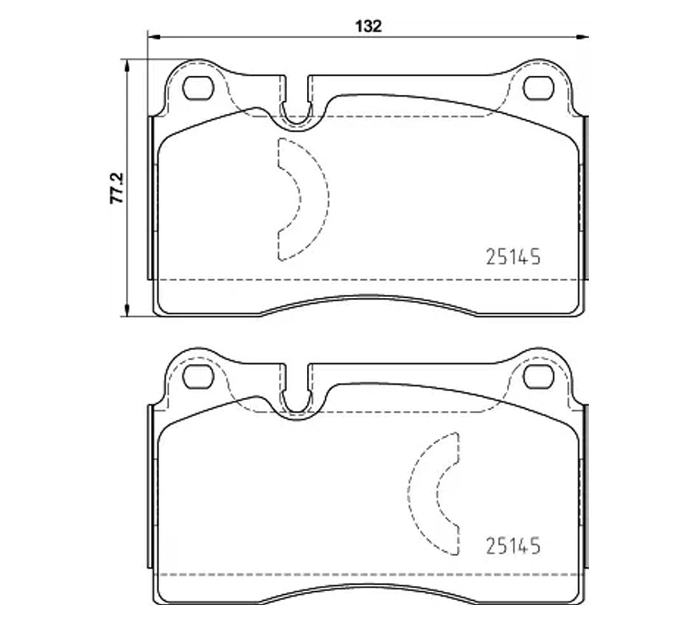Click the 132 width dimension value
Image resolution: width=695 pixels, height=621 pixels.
(369, 26)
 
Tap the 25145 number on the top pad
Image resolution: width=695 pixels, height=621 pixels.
(513, 256)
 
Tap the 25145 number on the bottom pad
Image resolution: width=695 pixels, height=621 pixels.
(513, 546)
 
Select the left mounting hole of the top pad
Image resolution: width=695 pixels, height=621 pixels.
(198, 88)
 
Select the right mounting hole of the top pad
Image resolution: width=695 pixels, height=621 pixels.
(538, 88)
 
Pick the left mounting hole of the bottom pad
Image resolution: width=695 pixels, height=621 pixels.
(198, 377)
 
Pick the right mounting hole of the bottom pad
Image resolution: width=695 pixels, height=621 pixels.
(538, 377)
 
